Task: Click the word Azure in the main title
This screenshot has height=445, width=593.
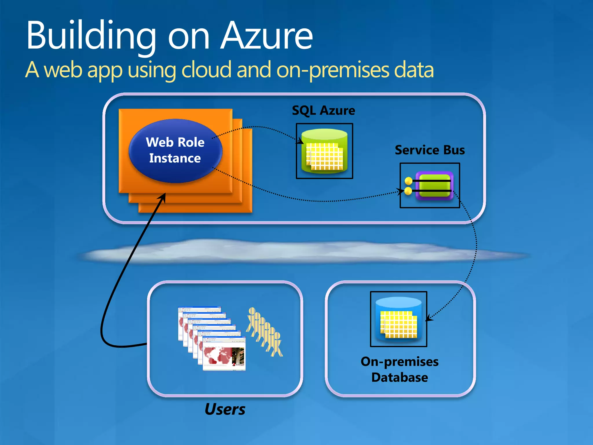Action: tap(266, 36)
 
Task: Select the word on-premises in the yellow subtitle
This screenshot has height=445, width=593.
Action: tap(333, 70)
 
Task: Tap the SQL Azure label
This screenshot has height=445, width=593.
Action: tap(323, 111)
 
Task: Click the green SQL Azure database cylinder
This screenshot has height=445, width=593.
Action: tap(324, 151)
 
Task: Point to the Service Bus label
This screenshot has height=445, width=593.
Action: tap(430, 150)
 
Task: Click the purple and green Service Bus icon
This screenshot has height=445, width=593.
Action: tap(434, 185)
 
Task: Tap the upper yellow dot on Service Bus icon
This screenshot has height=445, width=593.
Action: tap(409, 181)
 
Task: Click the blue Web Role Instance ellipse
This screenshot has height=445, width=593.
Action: tap(175, 151)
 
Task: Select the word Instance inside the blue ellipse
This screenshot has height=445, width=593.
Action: tap(175, 158)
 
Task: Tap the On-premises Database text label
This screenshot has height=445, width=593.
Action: tap(400, 369)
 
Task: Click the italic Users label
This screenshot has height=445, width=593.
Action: tap(225, 409)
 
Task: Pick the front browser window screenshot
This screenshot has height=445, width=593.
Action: tap(224, 354)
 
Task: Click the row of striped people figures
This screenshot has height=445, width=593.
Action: tap(264, 332)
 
